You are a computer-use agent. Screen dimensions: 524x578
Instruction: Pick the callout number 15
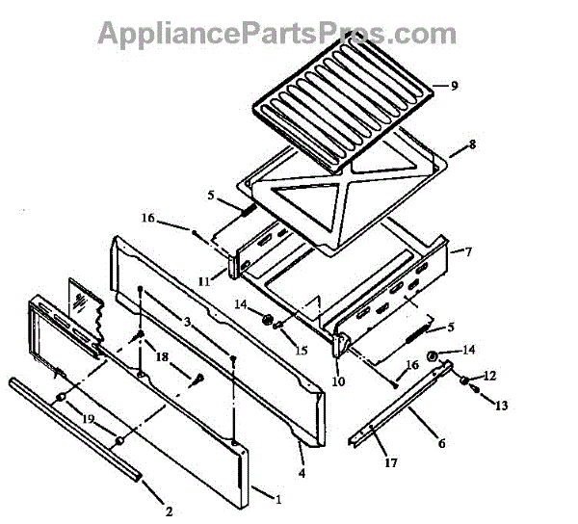click(x=302, y=350)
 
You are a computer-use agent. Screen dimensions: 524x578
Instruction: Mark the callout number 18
click(x=162, y=357)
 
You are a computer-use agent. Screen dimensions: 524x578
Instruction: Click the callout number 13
click(x=500, y=406)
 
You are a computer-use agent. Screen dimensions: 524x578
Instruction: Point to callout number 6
click(x=441, y=444)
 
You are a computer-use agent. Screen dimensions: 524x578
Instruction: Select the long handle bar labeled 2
click(x=72, y=425)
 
